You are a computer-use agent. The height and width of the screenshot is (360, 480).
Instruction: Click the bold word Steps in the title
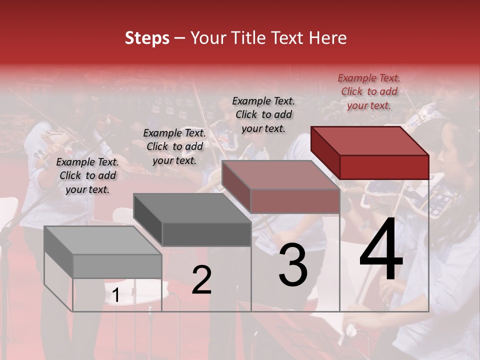(x=147, y=38)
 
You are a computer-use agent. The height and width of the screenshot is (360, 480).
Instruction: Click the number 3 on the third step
(x=293, y=266)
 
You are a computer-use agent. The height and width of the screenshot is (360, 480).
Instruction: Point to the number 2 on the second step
(x=201, y=280)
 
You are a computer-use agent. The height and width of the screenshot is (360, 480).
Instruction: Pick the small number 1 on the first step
(x=115, y=295)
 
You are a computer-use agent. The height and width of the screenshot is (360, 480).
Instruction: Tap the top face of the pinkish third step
(x=280, y=175)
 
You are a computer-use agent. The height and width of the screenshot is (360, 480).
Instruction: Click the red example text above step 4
(x=369, y=91)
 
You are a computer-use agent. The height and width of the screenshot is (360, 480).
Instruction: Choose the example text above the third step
(x=263, y=114)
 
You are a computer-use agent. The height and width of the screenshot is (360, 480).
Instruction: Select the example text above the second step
(x=174, y=146)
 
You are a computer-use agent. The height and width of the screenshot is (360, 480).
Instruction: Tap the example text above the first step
(x=87, y=175)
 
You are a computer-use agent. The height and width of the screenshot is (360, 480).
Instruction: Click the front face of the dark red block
(x=384, y=167)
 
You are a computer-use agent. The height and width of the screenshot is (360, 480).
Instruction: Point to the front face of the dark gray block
(x=206, y=234)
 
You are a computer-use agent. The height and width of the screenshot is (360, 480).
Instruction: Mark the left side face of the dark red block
(x=325, y=152)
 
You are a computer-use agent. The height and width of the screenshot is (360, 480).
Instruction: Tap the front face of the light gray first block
(x=117, y=266)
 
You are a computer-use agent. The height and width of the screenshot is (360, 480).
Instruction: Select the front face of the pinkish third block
(x=295, y=201)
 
